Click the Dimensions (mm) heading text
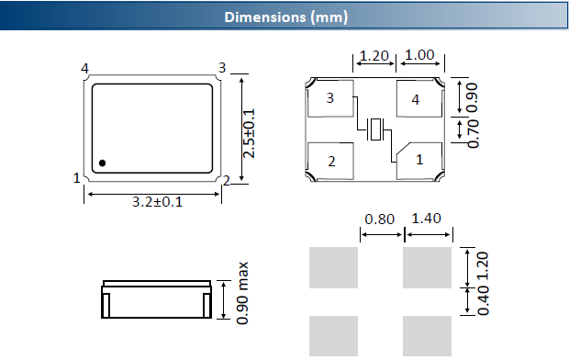pos(286,17)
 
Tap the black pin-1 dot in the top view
pos(103,163)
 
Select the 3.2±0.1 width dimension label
pos(157,202)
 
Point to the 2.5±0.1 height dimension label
pos(249,133)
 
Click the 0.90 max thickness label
pos(242,293)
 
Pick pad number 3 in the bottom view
pos(330,98)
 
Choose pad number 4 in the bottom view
pos(419,98)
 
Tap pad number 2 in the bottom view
pos(330,161)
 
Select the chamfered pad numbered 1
pos(419,161)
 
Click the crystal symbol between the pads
pos(374,129)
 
